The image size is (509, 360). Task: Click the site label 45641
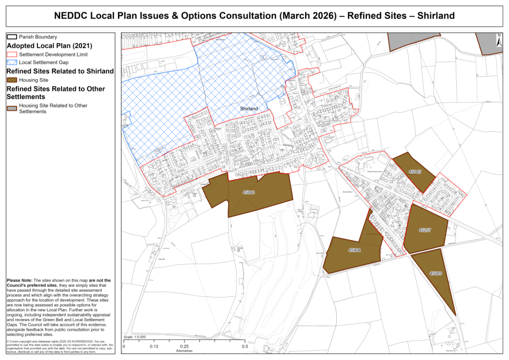point(249,192)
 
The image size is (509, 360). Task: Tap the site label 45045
point(415,172)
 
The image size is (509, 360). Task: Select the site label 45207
point(424,230)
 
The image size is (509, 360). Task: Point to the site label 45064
point(354,250)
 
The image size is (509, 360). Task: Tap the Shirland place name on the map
point(249,109)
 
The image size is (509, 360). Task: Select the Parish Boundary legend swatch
point(11,37)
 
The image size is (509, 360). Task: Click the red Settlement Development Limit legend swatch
point(11,54)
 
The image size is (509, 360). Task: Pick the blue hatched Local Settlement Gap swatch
point(11,62)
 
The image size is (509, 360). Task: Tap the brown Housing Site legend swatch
point(11,80)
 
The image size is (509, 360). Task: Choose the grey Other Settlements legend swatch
point(11,108)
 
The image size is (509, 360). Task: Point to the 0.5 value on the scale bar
point(245,347)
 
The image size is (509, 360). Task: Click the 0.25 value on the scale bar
point(184,347)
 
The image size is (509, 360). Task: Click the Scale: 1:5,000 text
point(135,337)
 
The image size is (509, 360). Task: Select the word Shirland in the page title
point(436,15)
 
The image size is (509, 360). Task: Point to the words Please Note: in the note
point(19,281)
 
